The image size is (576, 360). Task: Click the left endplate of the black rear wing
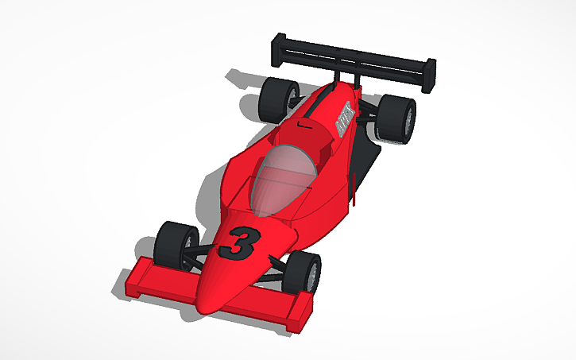tap(278, 49)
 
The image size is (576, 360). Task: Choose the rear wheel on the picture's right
tap(396, 119)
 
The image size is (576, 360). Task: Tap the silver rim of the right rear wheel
tap(408, 121)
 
